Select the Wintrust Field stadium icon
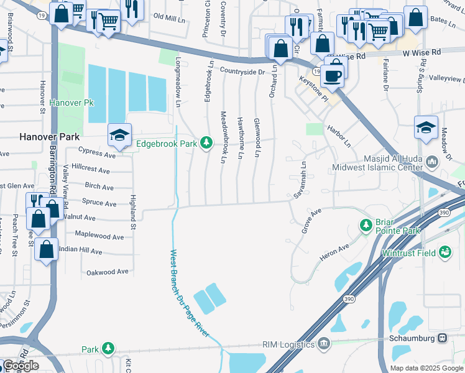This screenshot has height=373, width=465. click(x=444, y=252)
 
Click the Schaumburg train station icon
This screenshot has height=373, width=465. click(x=443, y=338)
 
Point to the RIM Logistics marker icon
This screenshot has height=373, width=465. click(x=323, y=343)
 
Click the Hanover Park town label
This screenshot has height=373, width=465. click(x=47, y=136)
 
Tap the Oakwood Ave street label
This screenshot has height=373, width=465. click(x=107, y=272)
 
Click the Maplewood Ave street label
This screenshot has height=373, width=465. click(x=99, y=236)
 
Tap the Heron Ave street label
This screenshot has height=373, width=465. click(x=335, y=249)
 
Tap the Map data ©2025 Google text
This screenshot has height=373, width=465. click(x=426, y=368)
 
